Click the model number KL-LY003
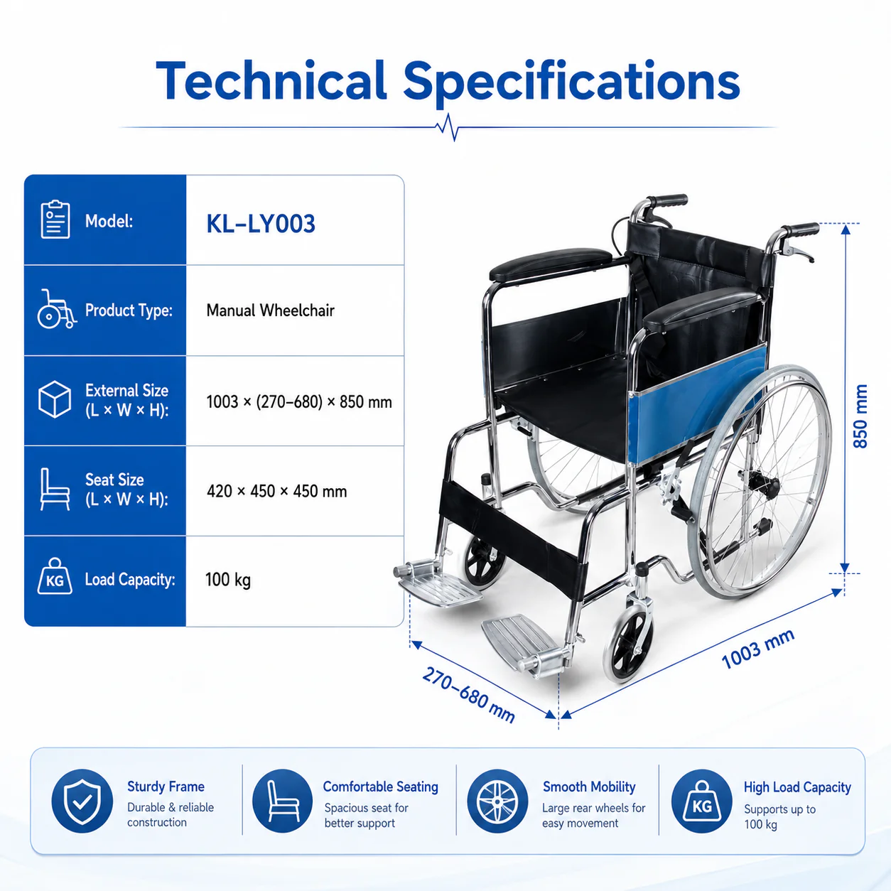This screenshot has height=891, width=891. tap(260, 224)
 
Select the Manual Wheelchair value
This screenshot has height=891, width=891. tap(270, 310)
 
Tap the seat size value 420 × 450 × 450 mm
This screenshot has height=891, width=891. tap(276, 491)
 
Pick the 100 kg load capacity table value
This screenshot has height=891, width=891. tap(228, 579)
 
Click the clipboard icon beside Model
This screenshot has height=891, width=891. tap(55, 220)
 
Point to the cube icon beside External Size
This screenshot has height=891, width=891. tap(55, 399)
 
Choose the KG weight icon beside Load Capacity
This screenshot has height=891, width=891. tap(55, 576)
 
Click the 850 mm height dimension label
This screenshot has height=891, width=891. tap(860, 416)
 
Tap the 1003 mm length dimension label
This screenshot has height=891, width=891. tap(758, 649)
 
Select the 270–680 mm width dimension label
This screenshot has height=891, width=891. tap(468, 694)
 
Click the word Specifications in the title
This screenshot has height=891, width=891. tap(571, 82)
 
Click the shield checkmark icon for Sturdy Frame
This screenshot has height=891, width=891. tap(82, 801)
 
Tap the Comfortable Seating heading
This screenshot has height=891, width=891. tap(381, 787)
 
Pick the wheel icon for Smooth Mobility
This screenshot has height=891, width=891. tap(497, 801)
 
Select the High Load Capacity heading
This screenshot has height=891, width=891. tap(797, 787)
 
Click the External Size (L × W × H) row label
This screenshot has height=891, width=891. tap(126, 400)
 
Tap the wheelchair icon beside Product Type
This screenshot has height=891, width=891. tap(56, 309)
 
